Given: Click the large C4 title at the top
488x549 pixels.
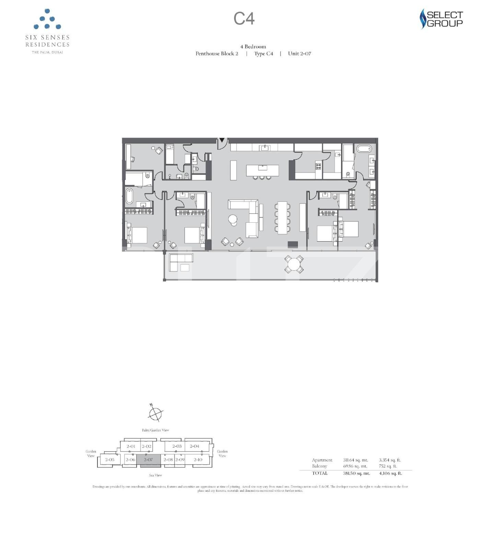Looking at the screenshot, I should click(244, 19).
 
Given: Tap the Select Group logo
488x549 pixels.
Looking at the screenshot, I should click(441, 19).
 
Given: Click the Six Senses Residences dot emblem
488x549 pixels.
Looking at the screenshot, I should click(47, 19).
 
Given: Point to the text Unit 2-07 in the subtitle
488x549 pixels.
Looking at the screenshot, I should click(299, 54).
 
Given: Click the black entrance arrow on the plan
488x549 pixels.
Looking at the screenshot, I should click(222, 140).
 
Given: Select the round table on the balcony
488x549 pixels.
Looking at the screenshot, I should click(294, 264).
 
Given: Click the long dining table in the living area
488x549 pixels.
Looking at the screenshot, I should click(282, 218).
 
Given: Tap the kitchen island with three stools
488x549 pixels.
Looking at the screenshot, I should click(262, 170).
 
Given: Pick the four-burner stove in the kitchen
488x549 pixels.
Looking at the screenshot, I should click(318, 166).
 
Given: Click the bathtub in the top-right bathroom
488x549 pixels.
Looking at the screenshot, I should click(364, 149).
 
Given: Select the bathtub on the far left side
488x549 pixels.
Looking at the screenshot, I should click(129, 196).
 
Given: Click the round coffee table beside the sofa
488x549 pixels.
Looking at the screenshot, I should click(233, 219).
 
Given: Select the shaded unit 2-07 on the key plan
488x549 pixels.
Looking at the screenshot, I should click(148, 460).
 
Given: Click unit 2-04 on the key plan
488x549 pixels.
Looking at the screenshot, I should click(194, 446).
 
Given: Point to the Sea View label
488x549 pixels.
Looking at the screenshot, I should click(155, 475).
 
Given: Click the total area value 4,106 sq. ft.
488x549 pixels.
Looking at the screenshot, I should click(390, 474).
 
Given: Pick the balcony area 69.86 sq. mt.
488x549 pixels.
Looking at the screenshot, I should click(355, 466).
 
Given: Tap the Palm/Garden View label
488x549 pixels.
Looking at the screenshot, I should click(155, 430).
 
